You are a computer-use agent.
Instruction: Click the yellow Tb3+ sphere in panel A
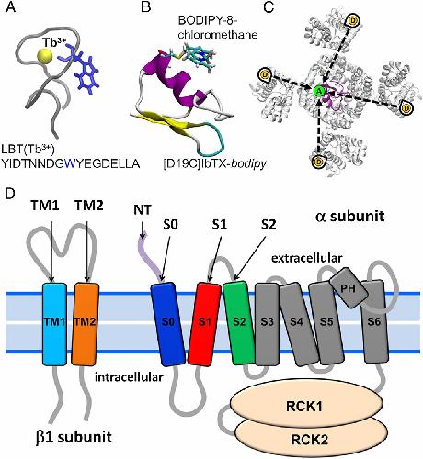[x=43, y=56]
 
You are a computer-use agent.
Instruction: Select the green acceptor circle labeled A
[x=319, y=91]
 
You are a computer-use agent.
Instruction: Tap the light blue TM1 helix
[x=54, y=324]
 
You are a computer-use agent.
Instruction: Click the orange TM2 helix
[x=86, y=324]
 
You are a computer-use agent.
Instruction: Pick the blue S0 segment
[x=168, y=324]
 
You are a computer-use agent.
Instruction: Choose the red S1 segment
[x=204, y=324]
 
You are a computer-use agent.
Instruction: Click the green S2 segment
[x=239, y=323]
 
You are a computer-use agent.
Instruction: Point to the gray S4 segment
[x=299, y=324]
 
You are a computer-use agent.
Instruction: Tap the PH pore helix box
[x=349, y=288]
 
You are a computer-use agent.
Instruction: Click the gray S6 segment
[x=373, y=322]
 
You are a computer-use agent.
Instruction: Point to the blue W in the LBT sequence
[x=72, y=164]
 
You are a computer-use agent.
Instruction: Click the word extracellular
[x=306, y=259]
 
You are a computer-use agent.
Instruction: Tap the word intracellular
[x=129, y=377]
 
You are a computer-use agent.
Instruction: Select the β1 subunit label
[x=74, y=437]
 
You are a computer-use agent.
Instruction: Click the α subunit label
[x=349, y=216]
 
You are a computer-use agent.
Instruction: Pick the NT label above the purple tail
[x=143, y=210]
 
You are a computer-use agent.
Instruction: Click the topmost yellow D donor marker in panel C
[x=353, y=21]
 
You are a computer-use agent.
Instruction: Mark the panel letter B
[x=145, y=6]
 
